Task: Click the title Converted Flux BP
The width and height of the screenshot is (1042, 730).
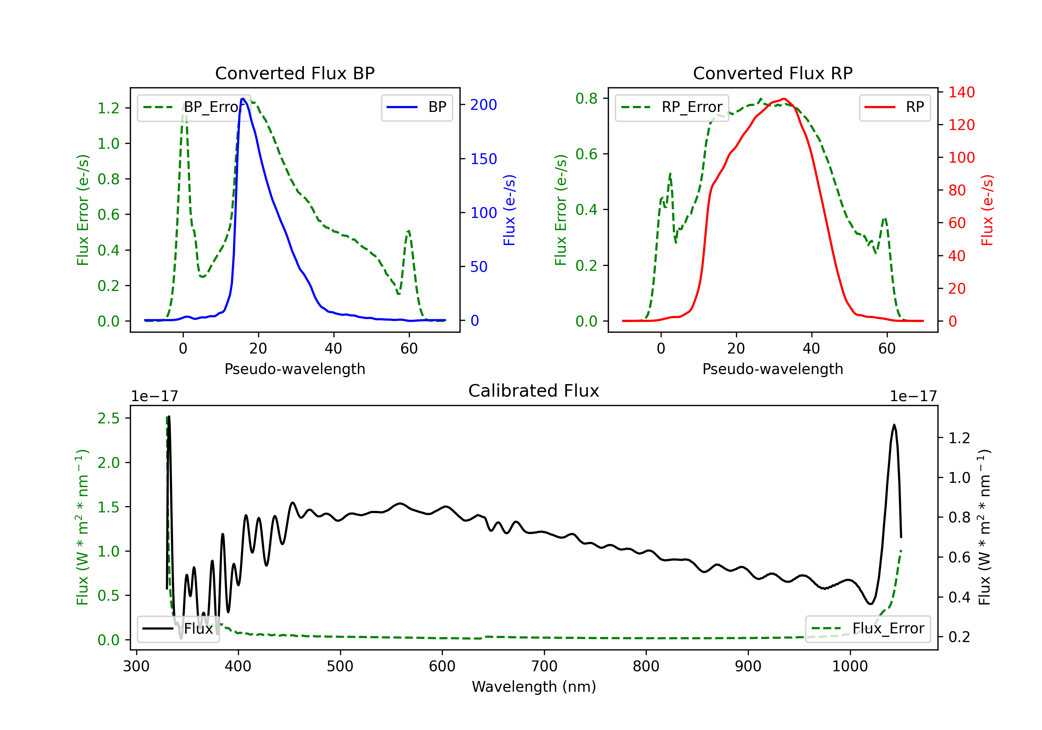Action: [x=295, y=73]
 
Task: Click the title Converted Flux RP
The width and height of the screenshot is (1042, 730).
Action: [x=772, y=73]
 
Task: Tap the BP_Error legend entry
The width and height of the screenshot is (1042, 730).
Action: [x=194, y=107]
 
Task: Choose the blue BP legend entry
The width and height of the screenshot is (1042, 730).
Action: [x=416, y=107]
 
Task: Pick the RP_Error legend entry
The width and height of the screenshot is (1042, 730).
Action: [x=672, y=107]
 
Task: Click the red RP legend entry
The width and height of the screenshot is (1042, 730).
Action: [x=894, y=107]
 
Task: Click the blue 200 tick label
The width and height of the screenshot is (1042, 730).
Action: [x=483, y=105]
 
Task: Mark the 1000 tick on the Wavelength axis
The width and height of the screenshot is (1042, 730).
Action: [x=850, y=666]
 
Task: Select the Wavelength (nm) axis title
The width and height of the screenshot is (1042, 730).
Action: [x=534, y=687]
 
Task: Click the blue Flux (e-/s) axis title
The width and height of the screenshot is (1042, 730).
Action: [x=509, y=210]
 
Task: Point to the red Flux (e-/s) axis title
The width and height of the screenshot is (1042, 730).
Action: [x=987, y=210]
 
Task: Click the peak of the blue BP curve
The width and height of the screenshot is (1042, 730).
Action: [x=243, y=99]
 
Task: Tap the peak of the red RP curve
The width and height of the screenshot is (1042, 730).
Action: [x=784, y=99]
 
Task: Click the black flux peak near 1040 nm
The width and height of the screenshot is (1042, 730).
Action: [x=894, y=425]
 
